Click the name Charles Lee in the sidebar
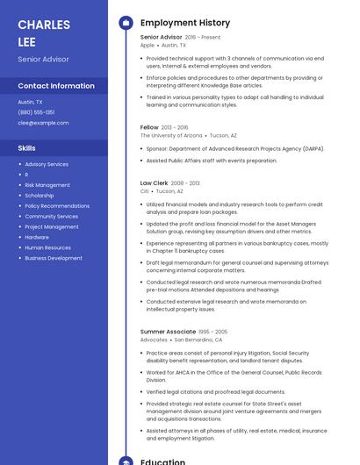click(44, 32)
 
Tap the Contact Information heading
click(56, 86)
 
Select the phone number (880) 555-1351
click(36, 112)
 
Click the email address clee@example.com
click(43, 123)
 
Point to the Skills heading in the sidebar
click(27, 148)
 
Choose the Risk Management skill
click(47, 185)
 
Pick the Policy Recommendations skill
click(57, 206)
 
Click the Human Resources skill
click(48, 247)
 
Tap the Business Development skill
click(54, 258)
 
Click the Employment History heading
click(185, 23)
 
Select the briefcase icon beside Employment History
click(126, 23)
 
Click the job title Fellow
click(149, 127)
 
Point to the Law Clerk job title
click(155, 183)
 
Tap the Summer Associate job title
click(168, 332)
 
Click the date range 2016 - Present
click(203, 38)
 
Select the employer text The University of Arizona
click(171, 136)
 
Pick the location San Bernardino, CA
click(198, 340)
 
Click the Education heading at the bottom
click(162, 461)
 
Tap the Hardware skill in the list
click(37, 237)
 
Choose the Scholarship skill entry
click(40, 196)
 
